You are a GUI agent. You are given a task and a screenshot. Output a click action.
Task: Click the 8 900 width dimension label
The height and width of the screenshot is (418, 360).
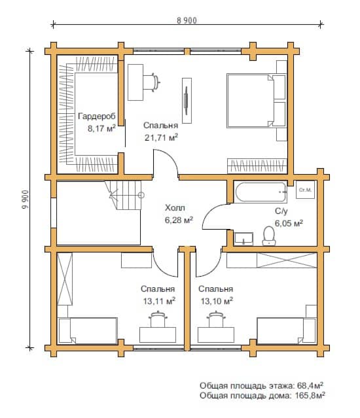click(187, 20)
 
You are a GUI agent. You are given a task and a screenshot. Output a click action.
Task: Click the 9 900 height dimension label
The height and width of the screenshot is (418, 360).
click(26, 200)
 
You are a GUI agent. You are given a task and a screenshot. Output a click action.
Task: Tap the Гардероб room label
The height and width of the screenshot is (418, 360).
click(97, 116)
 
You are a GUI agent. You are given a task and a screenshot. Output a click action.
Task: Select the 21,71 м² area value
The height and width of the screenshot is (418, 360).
click(161, 137)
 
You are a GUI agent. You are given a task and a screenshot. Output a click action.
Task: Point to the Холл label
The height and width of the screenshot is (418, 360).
click(175, 207)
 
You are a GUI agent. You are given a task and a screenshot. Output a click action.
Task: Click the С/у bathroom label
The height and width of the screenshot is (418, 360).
click(281, 211)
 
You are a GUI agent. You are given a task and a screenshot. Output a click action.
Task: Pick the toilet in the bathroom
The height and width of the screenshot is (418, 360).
click(269, 236)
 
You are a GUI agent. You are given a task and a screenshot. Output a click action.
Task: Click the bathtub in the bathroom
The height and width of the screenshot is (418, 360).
click(261, 192)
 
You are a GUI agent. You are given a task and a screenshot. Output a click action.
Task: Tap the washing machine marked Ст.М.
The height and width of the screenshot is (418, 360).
click(305, 190)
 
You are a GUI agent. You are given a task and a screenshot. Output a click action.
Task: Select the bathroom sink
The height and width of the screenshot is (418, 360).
click(243, 239)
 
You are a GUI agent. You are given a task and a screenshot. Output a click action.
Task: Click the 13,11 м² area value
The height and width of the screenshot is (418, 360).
click(159, 302)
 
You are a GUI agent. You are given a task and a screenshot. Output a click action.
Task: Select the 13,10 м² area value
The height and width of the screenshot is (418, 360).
click(217, 302)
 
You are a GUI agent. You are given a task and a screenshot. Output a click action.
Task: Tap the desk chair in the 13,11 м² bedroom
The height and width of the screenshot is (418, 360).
click(158, 319)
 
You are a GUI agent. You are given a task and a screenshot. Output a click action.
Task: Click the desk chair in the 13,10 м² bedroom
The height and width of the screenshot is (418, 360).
click(216, 319)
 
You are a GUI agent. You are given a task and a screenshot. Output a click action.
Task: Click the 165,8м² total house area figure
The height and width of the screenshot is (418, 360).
click(310, 395)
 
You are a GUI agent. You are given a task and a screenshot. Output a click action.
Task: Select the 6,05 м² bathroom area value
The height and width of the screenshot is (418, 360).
click(289, 223)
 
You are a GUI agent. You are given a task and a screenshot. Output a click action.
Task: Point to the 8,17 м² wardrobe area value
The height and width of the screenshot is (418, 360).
click(101, 129)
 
